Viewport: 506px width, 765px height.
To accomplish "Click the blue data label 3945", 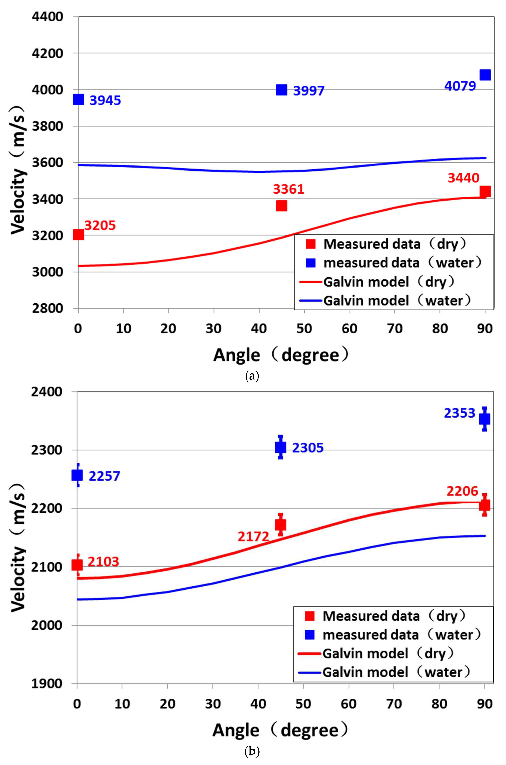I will tap(105, 100).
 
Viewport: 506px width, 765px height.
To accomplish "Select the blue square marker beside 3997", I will tap(281, 90).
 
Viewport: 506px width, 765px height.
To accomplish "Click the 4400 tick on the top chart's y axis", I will tap(47, 17).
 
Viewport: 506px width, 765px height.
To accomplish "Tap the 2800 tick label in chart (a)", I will tap(47, 308).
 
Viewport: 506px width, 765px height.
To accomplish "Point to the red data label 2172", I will tap(253, 537).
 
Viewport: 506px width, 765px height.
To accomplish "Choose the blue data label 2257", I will tap(104, 476).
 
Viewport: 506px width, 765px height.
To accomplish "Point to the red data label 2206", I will tap(462, 491).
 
